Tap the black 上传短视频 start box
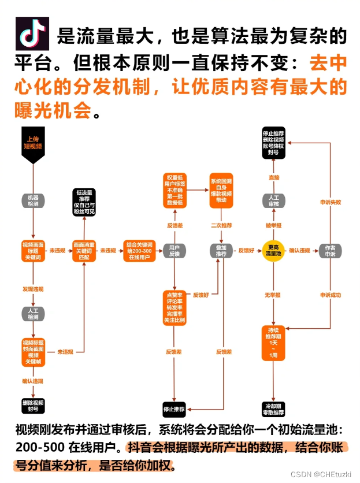(33, 143)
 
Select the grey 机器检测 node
(32, 200)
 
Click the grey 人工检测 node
(32, 314)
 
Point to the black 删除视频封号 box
(32, 404)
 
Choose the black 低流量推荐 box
(84, 202)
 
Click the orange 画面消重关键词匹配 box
(84, 251)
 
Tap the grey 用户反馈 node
(174, 251)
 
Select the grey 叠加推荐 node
(221, 251)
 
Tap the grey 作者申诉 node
(330, 251)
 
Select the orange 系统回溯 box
(221, 188)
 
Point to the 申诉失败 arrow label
(331, 203)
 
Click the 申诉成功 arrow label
(331, 295)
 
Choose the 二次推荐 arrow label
(221, 225)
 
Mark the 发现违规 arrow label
(32, 287)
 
